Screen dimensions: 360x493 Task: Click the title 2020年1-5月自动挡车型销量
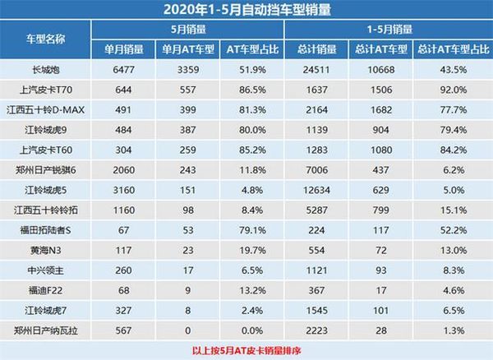246,11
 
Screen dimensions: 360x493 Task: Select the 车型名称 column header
48,39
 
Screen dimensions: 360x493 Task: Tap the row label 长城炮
48,69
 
